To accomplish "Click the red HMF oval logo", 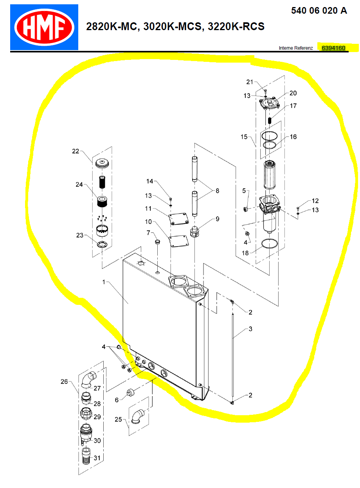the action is pyautogui.click(x=44, y=27).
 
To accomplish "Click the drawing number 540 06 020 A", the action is pyautogui.click(x=319, y=11).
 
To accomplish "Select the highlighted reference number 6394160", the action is pyautogui.click(x=333, y=48).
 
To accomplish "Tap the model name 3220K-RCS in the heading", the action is pyautogui.click(x=236, y=26).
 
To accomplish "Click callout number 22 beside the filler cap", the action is pyautogui.click(x=76, y=151).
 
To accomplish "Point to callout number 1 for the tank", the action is pyautogui.click(x=104, y=282).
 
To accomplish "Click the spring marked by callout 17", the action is pyautogui.click(x=270, y=120).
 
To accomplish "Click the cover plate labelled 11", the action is pyautogui.click(x=178, y=219).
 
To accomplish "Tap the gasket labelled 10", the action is pyautogui.click(x=179, y=241).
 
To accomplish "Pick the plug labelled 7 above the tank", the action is pyautogui.click(x=157, y=242).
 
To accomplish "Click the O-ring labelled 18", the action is pyautogui.click(x=269, y=243).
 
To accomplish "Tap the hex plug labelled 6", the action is pyautogui.click(x=130, y=392).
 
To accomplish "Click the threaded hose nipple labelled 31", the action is pyautogui.click(x=86, y=456).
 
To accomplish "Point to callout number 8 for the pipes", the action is pyautogui.click(x=217, y=191).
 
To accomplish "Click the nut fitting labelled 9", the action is pyautogui.click(x=194, y=231).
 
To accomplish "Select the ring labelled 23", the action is pyautogui.click(x=102, y=244).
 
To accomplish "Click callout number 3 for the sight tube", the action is pyautogui.click(x=250, y=329).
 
